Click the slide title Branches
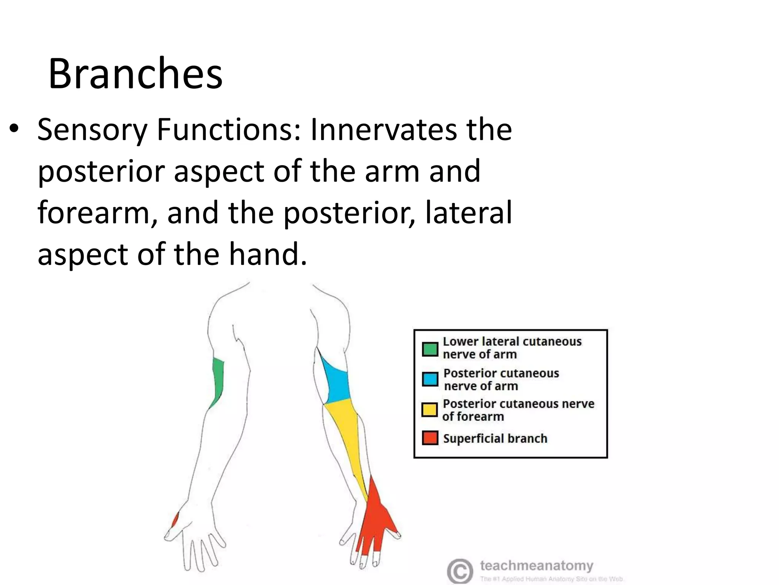(x=135, y=73)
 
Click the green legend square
(x=430, y=348)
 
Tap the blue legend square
(x=430, y=379)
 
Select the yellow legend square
(x=430, y=410)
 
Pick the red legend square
(x=430, y=438)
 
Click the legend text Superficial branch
(x=495, y=438)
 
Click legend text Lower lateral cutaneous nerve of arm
(x=512, y=347)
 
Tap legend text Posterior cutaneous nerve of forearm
(x=517, y=410)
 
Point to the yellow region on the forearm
(x=348, y=438)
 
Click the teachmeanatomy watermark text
(x=536, y=566)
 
